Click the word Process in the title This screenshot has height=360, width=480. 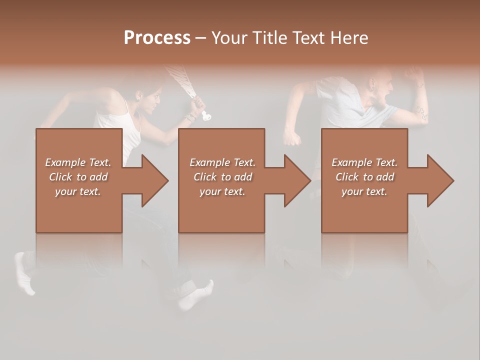click(157, 38)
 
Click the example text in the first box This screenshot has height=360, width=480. click(78, 177)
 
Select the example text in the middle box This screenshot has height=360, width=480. click(222, 177)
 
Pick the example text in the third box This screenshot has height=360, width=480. click(364, 177)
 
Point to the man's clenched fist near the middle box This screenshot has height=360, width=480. click(292, 137)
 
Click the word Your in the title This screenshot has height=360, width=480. click(229, 38)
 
